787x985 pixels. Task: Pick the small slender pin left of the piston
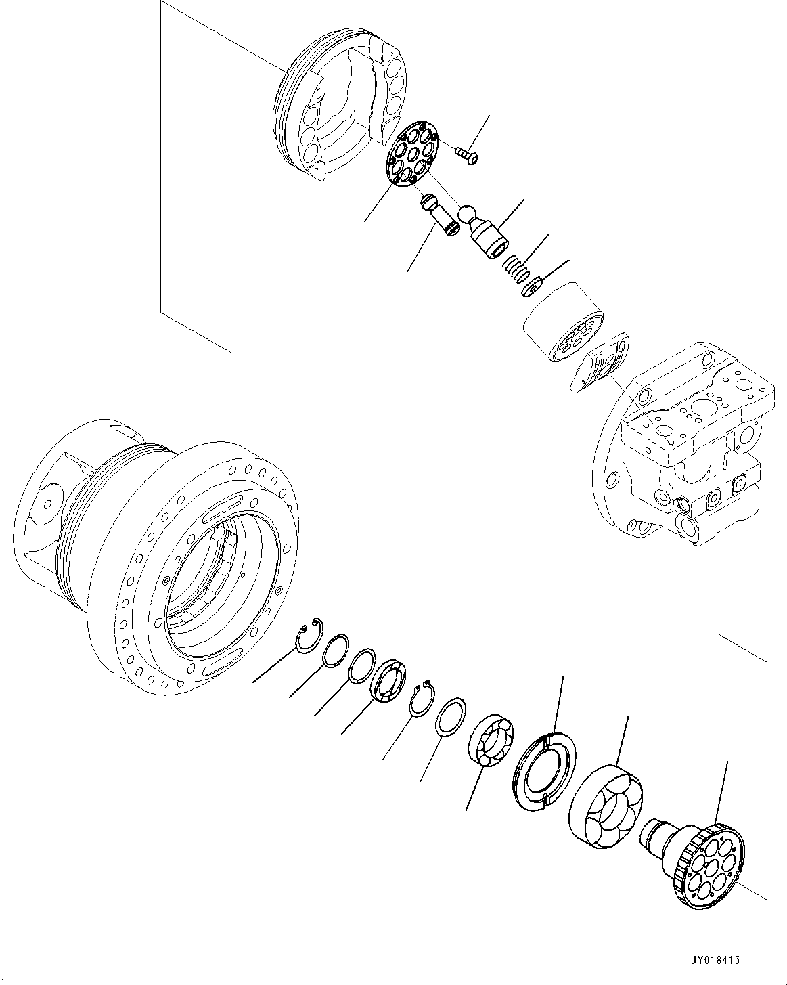tap(440, 217)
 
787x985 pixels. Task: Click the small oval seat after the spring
tap(533, 287)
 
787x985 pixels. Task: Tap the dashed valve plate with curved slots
tap(602, 363)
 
